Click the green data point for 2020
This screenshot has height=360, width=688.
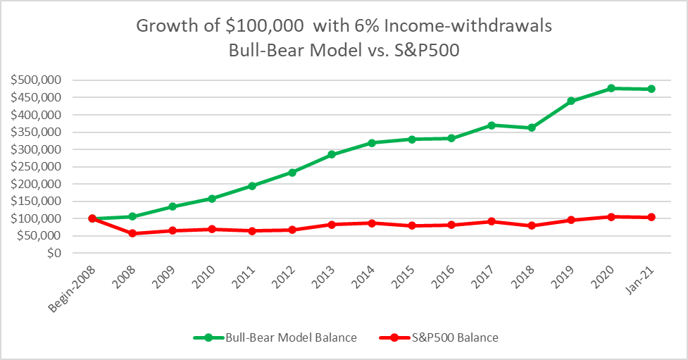click(611, 88)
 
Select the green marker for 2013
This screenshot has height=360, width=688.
click(332, 154)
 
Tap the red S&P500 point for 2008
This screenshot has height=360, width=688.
click(132, 233)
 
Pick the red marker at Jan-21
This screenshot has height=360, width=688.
click(651, 217)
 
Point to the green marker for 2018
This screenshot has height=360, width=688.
click(532, 128)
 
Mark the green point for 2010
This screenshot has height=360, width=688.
click(212, 199)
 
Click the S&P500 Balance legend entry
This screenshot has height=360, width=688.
click(456, 337)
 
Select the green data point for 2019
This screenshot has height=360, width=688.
click(571, 101)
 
